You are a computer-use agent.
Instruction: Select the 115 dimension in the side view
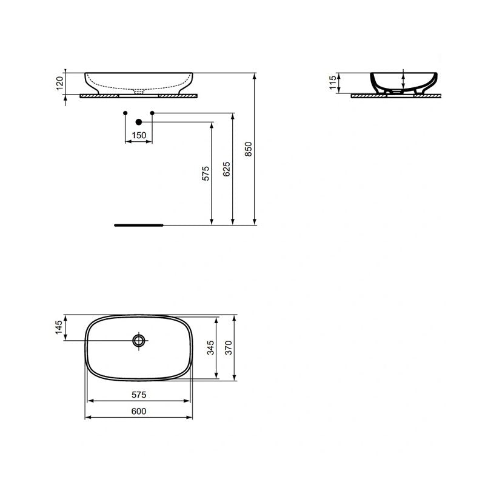pyautogui.click(x=332, y=83)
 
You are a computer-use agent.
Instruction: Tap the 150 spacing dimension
pyautogui.click(x=139, y=135)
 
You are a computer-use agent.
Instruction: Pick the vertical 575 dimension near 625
pyautogui.click(x=205, y=173)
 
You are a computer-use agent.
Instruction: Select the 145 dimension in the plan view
pyautogui.click(x=59, y=328)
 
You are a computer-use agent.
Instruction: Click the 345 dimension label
pyautogui.click(x=210, y=349)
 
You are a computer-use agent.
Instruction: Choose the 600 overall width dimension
pyautogui.click(x=139, y=411)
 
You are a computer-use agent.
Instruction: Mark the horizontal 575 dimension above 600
pyautogui.click(x=139, y=395)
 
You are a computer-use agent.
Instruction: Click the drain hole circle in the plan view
pyautogui.click(x=139, y=340)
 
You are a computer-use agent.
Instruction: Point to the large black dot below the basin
pyautogui.click(x=139, y=121)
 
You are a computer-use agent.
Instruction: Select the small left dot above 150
pyautogui.click(x=125, y=113)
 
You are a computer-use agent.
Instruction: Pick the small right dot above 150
pyautogui.click(x=152, y=113)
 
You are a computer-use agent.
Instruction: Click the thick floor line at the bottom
pyautogui.click(x=139, y=224)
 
